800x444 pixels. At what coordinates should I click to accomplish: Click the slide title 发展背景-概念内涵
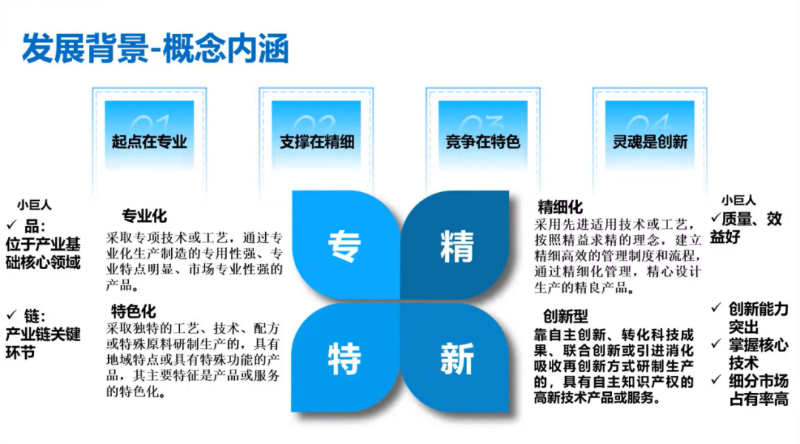point(156,48)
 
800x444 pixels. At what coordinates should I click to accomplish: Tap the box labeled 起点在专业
point(150,135)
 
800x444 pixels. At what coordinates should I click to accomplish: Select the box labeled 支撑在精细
point(316,135)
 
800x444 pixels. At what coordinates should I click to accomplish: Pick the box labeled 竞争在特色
point(483,135)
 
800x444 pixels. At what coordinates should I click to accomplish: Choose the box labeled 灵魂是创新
point(650,135)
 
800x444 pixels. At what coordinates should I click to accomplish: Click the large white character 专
point(344,247)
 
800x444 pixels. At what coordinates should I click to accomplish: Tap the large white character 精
point(456,247)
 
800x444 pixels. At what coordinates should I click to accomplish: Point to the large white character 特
point(344,359)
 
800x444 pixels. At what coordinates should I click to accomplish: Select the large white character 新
point(456,359)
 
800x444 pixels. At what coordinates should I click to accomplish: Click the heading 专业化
point(144,216)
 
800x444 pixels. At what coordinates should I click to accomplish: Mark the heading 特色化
point(133,311)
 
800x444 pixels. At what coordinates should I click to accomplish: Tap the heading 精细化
point(560,208)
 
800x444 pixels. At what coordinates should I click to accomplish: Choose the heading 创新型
point(565,317)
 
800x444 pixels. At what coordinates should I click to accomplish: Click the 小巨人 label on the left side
point(34,205)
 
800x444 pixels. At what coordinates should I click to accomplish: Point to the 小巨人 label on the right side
point(739,200)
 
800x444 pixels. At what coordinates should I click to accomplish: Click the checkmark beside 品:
point(12,225)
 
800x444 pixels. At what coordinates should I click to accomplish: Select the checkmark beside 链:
point(12,314)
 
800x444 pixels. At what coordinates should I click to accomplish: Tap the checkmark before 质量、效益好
point(716,219)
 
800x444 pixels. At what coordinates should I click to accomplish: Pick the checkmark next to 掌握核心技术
point(716,344)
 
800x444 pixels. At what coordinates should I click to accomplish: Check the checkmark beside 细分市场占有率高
point(716,380)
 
